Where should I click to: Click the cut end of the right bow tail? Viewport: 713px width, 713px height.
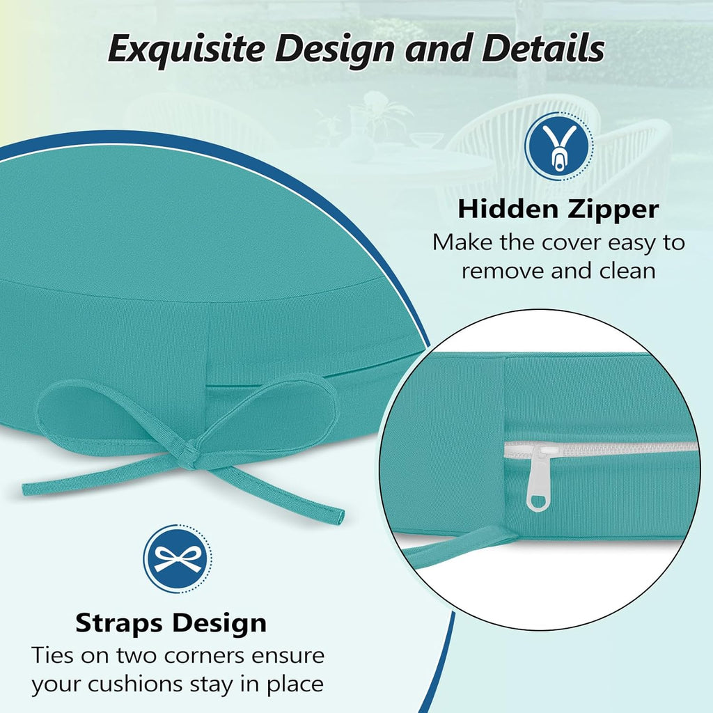click(x=339, y=517)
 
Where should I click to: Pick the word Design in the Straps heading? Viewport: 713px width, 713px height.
click(x=223, y=622)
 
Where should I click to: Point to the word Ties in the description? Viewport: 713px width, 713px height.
click(x=54, y=655)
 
